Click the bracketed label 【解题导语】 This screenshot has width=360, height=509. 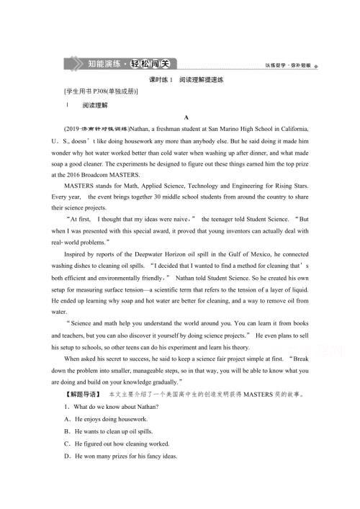coord(84,395)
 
